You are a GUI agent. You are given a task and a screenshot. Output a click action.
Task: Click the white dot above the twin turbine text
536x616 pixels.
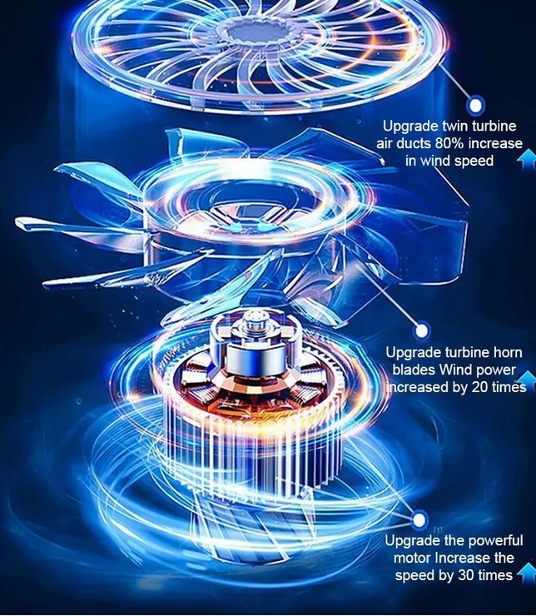coord(475,106)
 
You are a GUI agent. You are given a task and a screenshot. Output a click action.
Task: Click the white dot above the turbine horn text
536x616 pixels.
coord(422,330)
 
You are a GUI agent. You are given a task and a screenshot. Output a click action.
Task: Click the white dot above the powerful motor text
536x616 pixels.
coord(419,520)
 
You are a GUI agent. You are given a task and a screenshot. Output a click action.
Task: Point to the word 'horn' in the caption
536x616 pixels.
coord(508,352)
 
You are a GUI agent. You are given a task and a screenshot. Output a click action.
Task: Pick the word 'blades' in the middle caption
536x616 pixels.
coord(414,370)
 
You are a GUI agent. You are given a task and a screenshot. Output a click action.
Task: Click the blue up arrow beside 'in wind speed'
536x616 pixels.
coord(528,160)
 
